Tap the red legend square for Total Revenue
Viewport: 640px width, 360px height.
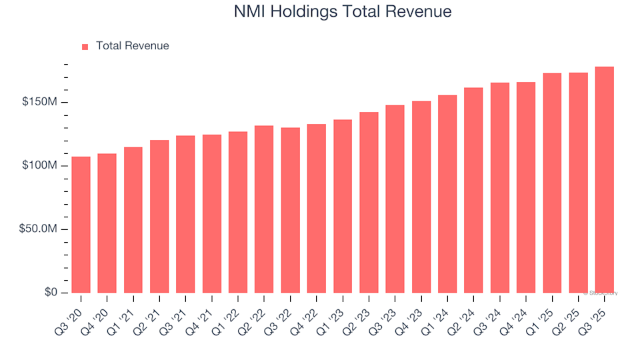tap(85, 47)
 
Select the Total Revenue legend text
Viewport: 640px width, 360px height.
tap(132, 46)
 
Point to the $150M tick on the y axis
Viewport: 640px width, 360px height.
tap(45, 102)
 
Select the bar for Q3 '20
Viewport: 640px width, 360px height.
tap(81, 225)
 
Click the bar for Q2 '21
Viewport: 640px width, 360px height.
tap(159, 217)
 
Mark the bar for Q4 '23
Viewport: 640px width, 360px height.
tap(421, 197)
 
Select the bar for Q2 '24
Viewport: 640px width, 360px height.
tap(473, 190)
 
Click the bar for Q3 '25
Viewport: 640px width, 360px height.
tap(605, 180)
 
